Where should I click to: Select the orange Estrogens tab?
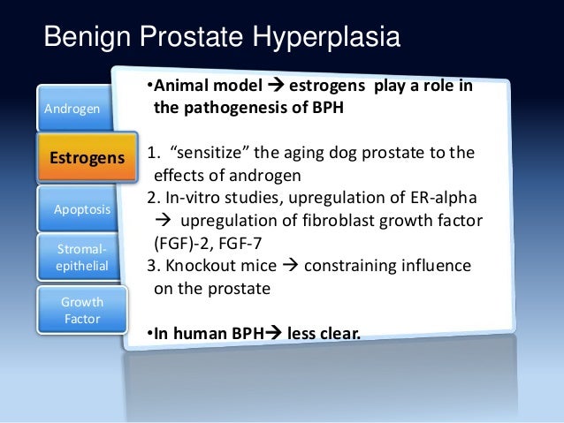point(87,159)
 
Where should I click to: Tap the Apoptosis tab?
point(83,209)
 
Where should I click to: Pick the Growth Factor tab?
point(82,309)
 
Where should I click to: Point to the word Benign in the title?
point(87,38)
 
